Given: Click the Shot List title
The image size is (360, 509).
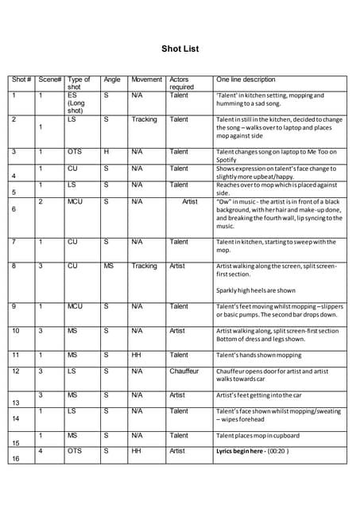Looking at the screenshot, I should coord(180,49).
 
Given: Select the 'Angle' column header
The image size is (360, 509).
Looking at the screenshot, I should coord(112,80).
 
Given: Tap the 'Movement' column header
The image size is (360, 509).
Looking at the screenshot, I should coord(146,80).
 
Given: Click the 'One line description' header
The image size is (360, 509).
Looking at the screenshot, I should coord(246,80).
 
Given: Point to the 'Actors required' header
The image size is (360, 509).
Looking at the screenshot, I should coord(181,84).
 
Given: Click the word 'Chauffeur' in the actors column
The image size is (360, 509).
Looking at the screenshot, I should coord(183,371).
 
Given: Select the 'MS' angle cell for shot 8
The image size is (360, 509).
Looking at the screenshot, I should coord(108,266).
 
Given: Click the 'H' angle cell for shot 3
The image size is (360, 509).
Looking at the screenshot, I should coord(106,151).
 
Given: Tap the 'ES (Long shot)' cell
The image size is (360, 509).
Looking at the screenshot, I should coord(78,103).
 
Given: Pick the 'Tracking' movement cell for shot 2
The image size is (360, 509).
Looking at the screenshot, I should coord(144,119).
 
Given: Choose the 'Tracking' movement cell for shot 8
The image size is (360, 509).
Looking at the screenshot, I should coord(144,266).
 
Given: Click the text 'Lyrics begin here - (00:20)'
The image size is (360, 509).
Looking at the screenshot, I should coord(253,451).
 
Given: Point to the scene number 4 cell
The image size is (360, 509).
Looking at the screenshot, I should coord(41,451).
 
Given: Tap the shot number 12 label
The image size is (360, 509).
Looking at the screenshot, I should coord(16,371).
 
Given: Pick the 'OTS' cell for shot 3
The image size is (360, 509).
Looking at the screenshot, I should coord(75,151).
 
